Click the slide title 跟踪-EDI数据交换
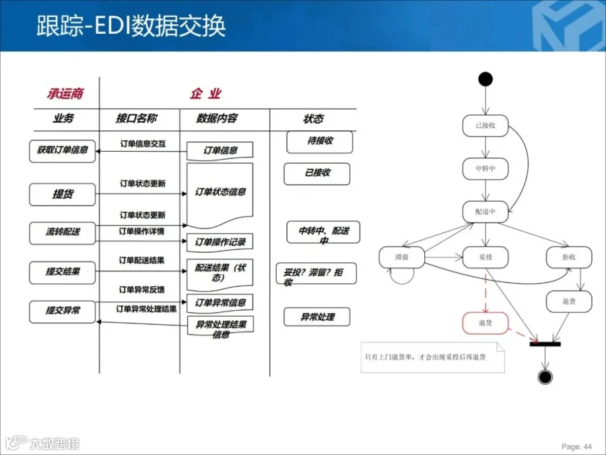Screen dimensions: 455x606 point(131,26)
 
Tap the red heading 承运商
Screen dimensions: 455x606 point(65,94)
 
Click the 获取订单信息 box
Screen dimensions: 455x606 point(63,150)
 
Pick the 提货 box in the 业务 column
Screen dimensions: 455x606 point(63,194)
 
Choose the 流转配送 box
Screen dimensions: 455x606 point(63,232)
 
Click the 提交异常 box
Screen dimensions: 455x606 point(63,311)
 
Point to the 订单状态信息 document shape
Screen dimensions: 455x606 point(220,193)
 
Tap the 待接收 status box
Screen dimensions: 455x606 point(320,141)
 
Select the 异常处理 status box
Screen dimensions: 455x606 point(318,317)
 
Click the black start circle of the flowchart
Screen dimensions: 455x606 point(485,79)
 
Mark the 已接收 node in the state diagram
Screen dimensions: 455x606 point(485,125)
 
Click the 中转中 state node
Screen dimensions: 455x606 point(485,168)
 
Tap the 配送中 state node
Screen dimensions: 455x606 point(485,211)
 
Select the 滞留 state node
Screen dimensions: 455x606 point(401,257)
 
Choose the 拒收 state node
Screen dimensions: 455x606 point(569,257)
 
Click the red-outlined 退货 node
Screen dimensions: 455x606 point(485,323)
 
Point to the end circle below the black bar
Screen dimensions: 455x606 point(545,377)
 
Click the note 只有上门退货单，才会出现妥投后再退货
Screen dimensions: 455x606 point(432,357)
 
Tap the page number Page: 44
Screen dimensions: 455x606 point(576,446)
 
